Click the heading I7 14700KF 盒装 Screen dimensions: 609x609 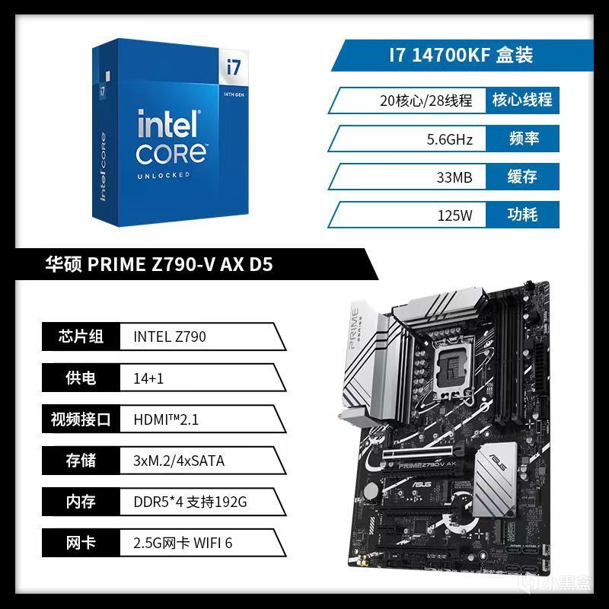[x=461, y=55]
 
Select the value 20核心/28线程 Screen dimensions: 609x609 [x=426, y=100]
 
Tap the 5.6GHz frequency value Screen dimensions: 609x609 [x=449, y=139]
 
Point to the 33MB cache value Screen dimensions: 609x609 [x=454, y=177]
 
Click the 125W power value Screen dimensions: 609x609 [x=454, y=215]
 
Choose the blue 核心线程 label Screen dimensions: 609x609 [x=522, y=100]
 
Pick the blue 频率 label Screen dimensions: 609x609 [x=524, y=139]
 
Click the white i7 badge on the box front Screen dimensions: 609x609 [x=234, y=67]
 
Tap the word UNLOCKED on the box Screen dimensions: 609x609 [x=163, y=176]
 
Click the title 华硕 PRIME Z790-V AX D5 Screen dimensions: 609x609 [x=159, y=264]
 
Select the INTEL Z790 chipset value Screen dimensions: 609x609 [x=169, y=336]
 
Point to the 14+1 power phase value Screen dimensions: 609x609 [x=148, y=378]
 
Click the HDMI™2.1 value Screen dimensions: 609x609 [x=166, y=420]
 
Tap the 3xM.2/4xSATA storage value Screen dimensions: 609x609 [x=179, y=461]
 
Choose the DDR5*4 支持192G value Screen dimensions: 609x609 [x=190, y=502]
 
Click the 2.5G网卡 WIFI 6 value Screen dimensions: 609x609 [x=183, y=543]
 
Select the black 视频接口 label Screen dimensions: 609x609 [x=81, y=419]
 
